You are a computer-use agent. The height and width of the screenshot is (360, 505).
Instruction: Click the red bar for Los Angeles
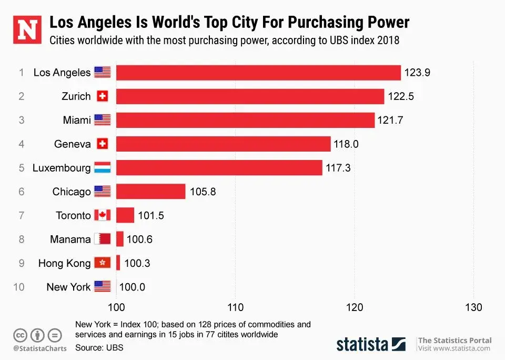click(x=258, y=73)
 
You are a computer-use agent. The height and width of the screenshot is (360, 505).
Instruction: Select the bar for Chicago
click(x=151, y=192)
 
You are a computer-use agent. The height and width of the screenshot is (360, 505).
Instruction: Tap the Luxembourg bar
click(x=219, y=168)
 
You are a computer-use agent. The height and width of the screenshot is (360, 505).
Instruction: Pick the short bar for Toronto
click(x=125, y=215)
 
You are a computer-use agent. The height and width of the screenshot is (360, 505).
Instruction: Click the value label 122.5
click(x=401, y=96)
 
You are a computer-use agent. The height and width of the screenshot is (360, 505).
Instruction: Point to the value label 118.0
click(x=346, y=144)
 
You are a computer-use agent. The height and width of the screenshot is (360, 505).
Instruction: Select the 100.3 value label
click(x=137, y=263)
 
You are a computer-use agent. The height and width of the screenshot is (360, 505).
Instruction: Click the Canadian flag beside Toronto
click(x=102, y=215)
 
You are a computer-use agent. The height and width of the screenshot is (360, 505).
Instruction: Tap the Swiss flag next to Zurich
click(x=102, y=96)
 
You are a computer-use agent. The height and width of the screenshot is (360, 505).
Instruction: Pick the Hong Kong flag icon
click(x=102, y=263)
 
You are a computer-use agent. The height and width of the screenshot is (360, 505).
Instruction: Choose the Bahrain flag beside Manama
click(x=102, y=239)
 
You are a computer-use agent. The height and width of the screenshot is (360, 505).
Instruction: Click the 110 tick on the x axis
click(x=235, y=307)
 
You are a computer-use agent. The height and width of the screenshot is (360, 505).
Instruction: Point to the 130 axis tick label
click(x=473, y=307)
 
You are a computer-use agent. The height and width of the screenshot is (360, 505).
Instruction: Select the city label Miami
click(x=77, y=121)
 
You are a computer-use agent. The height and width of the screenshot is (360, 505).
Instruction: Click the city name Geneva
click(x=73, y=144)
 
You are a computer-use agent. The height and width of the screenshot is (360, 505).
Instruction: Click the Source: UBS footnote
click(x=99, y=347)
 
